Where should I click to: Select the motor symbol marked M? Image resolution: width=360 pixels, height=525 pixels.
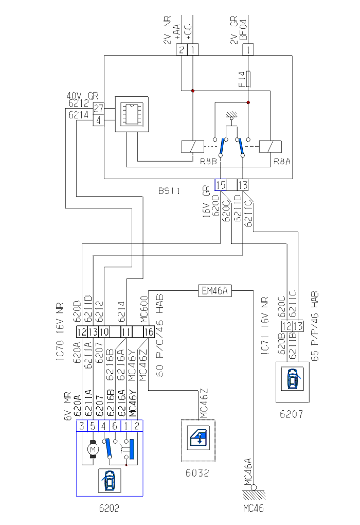(x=94, y=449)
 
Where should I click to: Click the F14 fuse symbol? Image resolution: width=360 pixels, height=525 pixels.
(x=248, y=79)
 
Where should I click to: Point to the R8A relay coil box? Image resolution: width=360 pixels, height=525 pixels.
(x=267, y=146)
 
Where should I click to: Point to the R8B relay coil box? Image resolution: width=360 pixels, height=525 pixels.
(x=190, y=146)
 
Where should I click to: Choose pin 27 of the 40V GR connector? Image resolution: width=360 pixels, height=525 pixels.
(x=99, y=108)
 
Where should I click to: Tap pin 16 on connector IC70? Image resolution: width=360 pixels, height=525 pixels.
(x=149, y=331)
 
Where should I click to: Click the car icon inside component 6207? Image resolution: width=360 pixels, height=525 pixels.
(x=293, y=381)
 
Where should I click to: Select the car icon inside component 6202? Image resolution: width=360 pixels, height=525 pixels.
(x=109, y=480)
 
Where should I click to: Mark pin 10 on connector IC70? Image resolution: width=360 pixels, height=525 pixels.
(x=104, y=331)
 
